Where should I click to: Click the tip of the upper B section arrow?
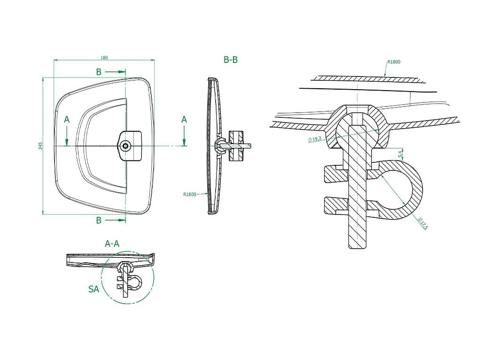click(x=125, y=72)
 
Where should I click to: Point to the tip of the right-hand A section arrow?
click(x=184, y=146)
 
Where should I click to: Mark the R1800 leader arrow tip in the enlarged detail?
click(x=385, y=76)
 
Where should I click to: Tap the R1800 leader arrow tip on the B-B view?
click(x=208, y=194)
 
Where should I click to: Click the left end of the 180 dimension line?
click(x=54, y=60)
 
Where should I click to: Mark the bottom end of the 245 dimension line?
click(x=43, y=214)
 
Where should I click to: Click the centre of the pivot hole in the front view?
click(x=125, y=146)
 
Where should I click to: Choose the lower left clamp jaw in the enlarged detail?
click(x=335, y=206)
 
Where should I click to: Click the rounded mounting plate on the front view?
click(x=130, y=146)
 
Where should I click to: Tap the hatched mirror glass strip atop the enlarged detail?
click(x=367, y=79)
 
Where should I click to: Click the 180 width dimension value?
click(x=104, y=58)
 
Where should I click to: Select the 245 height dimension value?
click(x=41, y=146)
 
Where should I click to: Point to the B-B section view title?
click(x=231, y=60)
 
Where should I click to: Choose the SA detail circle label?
click(x=94, y=289)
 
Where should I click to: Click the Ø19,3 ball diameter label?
click(x=315, y=139)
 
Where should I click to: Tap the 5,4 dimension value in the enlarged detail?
click(x=401, y=153)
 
